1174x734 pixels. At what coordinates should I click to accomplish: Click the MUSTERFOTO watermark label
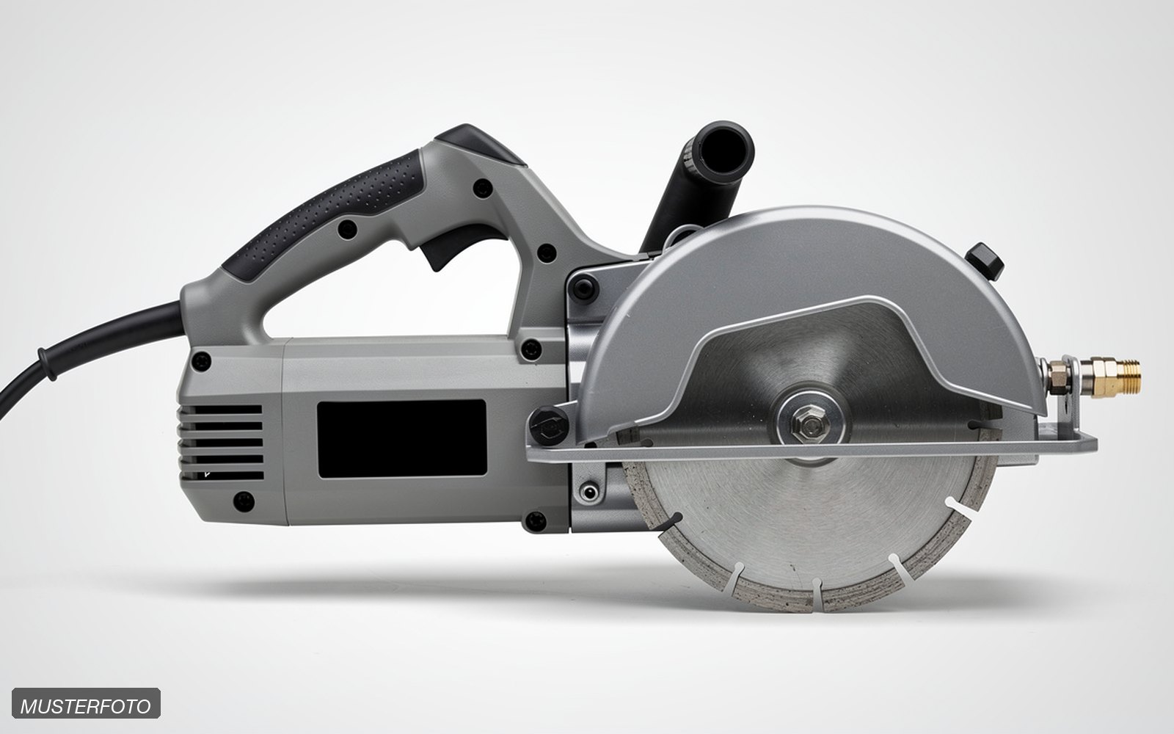pyautogui.click(x=86, y=703)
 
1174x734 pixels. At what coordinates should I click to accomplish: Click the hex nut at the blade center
pyautogui.click(x=810, y=423)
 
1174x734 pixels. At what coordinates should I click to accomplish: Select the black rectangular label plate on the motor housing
pyautogui.click(x=402, y=439)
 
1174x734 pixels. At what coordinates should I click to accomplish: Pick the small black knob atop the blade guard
pyautogui.click(x=985, y=261)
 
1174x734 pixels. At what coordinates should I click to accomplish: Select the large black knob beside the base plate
pyautogui.click(x=549, y=426)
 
